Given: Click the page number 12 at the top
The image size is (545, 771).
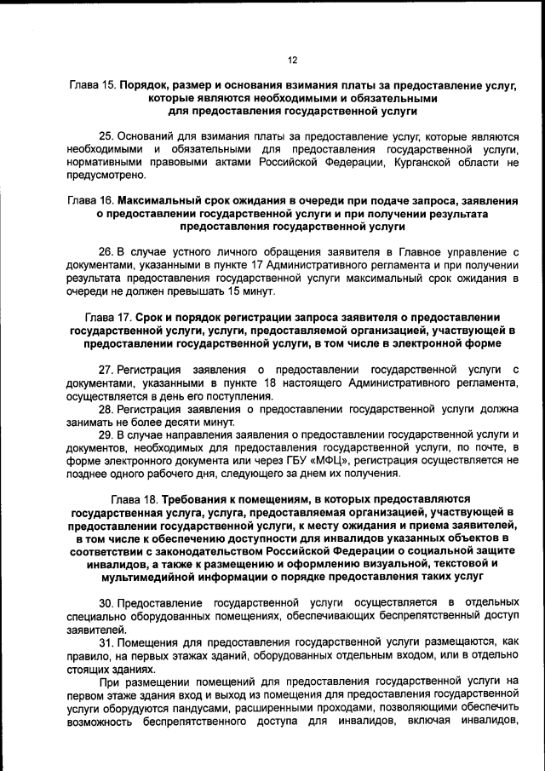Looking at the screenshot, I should point(291,60).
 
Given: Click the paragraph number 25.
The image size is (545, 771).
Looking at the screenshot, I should point(106,136).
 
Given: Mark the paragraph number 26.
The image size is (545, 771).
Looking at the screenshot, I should point(106,252).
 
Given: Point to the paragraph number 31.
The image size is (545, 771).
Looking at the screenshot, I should point(106,641).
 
